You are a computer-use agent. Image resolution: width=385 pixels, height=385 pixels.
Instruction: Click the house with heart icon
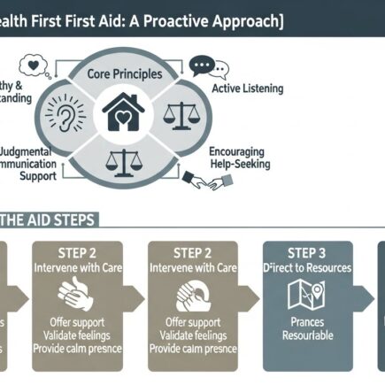pos(123,112)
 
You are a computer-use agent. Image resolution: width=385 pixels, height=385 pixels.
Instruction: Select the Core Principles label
pos(123,76)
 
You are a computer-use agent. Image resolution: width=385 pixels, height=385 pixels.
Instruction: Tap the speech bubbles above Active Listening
pos(209,67)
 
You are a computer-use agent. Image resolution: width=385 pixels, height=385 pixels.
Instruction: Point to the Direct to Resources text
pos(307,266)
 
